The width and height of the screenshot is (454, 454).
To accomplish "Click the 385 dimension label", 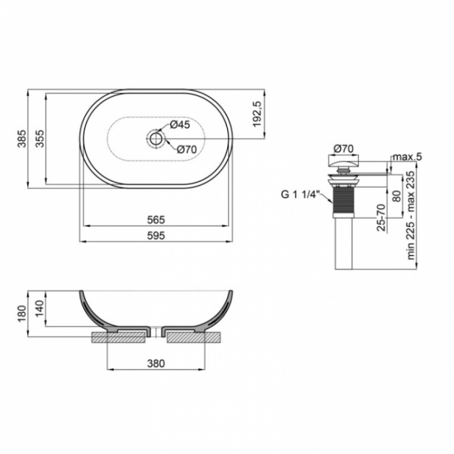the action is [x=22, y=138].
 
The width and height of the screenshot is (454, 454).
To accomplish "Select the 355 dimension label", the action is [x=40, y=138].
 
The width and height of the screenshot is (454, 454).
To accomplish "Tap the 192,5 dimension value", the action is [x=257, y=114].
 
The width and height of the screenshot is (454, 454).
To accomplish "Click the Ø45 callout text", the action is [x=180, y=125].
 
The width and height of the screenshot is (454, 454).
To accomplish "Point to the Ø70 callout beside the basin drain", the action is [x=187, y=149].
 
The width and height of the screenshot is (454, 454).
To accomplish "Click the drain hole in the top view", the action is [x=157, y=138].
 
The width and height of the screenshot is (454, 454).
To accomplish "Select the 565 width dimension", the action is [x=156, y=220].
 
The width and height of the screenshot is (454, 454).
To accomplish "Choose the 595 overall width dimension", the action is [x=156, y=235].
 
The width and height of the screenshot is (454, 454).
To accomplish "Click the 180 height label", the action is [x=22, y=314].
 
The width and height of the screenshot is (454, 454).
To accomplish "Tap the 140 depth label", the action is [x=40, y=309].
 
